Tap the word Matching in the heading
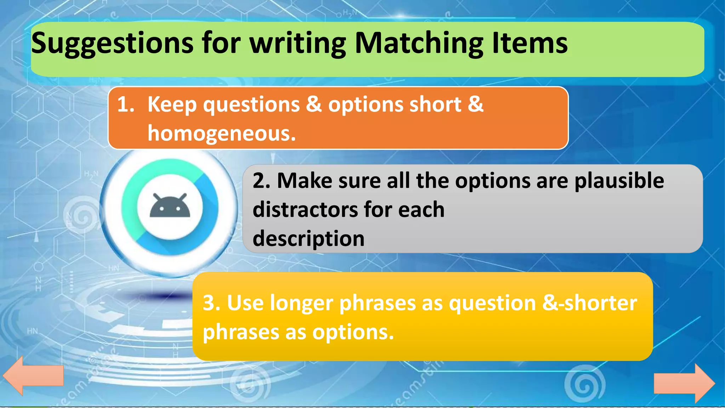419,43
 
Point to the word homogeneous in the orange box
222,134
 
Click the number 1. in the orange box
126,104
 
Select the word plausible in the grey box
619,181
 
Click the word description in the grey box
308,238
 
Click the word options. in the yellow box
353,333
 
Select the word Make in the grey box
304,181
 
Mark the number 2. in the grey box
262,181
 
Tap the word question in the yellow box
492,304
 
